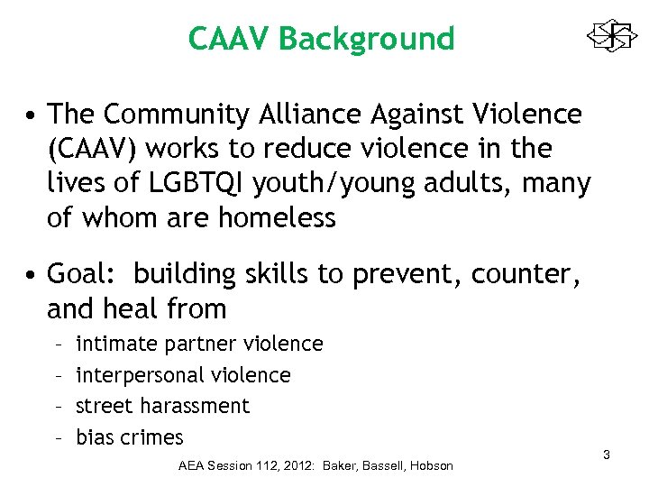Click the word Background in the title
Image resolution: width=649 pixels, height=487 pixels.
click(367, 39)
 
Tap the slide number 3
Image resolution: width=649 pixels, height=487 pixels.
click(607, 455)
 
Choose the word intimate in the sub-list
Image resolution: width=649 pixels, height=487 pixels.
click(116, 344)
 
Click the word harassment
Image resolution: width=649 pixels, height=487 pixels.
click(198, 406)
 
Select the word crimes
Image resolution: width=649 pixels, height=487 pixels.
click(151, 437)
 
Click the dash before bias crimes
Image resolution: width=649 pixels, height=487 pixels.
click(57, 437)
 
